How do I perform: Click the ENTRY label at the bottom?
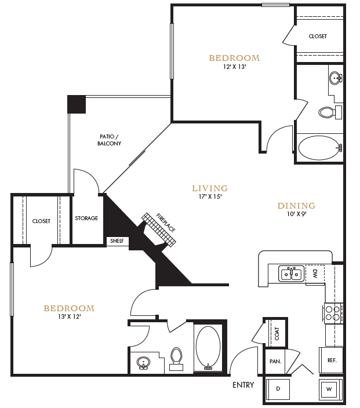[243, 385]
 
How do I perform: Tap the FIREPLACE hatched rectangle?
[159, 230]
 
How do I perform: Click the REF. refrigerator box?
[332, 360]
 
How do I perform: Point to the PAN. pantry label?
[275, 361]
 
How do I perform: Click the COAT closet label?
[277, 333]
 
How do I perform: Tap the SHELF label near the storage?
[117, 241]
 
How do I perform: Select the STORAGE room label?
[86, 218]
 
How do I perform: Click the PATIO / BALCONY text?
[109, 140]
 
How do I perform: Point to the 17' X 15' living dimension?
[209, 197]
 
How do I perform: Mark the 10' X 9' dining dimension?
[296, 214]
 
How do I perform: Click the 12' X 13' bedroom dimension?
[234, 67]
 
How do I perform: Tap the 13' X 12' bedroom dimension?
[68, 317]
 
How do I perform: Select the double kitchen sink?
[291, 273]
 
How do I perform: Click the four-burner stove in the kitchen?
[332, 314]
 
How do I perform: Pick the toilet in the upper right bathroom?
[329, 112]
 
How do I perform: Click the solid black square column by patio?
[77, 104]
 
